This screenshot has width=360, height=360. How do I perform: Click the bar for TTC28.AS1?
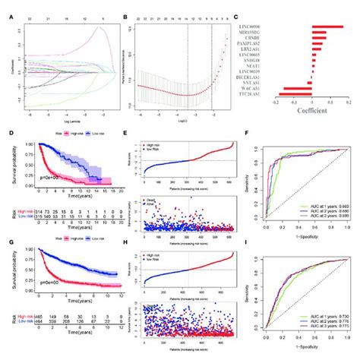tap(297, 104)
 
